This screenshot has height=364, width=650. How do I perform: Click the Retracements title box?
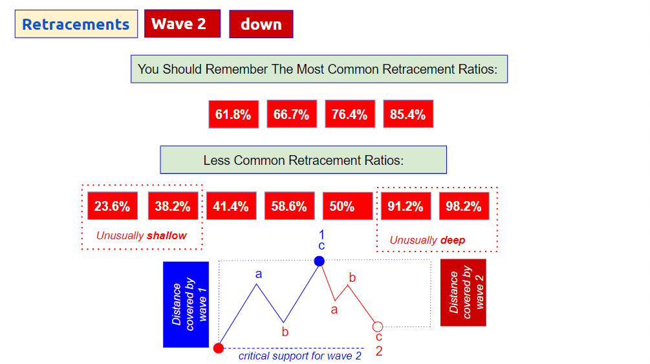[76, 24]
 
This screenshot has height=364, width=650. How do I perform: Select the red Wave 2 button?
[182, 24]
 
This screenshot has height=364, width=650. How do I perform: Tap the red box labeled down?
[261, 24]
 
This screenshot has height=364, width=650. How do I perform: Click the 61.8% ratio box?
[233, 114]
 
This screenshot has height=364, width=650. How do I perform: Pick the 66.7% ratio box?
[292, 114]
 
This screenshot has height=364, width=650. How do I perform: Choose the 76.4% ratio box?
[350, 114]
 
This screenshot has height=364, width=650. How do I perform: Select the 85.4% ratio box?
[408, 114]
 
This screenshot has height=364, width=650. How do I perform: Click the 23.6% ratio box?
[113, 206]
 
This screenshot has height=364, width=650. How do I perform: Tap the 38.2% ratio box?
[173, 206]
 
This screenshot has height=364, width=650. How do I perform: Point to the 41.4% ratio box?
[232, 206]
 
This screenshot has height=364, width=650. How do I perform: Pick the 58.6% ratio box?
[289, 206]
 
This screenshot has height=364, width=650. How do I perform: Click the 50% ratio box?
[348, 206]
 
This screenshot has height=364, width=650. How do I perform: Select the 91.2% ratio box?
[406, 206]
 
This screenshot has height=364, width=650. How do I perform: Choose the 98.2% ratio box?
[464, 206]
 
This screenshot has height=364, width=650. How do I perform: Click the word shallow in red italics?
[167, 235]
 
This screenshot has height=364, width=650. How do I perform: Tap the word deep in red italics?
[453, 241]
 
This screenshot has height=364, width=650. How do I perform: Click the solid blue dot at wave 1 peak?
[320, 261]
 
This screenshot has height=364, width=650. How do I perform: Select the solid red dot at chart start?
[219, 348]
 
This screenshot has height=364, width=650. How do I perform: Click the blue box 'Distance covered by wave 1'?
[186, 305]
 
